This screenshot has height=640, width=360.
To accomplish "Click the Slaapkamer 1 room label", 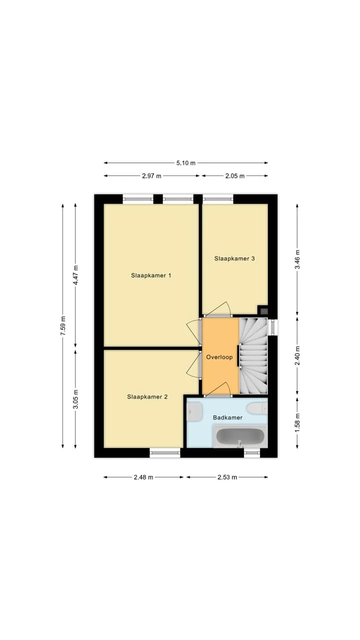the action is pyautogui.click(x=151, y=275).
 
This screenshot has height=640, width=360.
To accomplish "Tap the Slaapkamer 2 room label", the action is pyautogui.click(x=147, y=396).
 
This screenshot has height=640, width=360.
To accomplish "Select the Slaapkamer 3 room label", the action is pyautogui.click(x=234, y=258).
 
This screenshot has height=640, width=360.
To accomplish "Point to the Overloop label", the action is pyautogui.click(x=219, y=357).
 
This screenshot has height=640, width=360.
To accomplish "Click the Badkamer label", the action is pyautogui.click(x=227, y=417).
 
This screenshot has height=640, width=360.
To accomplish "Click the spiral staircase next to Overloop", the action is pyautogui.click(x=253, y=356).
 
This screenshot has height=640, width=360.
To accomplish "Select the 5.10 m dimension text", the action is pyautogui.click(x=185, y=163).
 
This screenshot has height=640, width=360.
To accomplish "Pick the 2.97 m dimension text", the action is pyautogui.click(x=151, y=176).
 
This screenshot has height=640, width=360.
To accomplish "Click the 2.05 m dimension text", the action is pyautogui.click(x=235, y=176).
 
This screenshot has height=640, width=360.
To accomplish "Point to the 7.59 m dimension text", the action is pyautogui.click(x=63, y=326).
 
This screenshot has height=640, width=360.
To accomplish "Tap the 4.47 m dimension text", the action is pyautogui.click(x=75, y=275).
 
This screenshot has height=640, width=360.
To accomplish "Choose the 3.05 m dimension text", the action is pyautogui.click(x=75, y=399).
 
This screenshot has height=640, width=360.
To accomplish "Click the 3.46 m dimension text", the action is pyautogui.click(x=297, y=259).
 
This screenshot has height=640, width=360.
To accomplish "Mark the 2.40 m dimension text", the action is pyautogui.click(x=297, y=355).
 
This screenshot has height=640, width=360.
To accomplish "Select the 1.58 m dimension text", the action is pyautogui.click(x=297, y=423).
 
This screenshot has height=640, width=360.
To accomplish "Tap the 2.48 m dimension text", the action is pyautogui.click(x=143, y=477).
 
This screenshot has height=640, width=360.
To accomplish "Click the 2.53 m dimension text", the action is pyautogui.click(x=227, y=477).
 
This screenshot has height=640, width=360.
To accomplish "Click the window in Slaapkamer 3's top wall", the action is pyautogui.click(x=218, y=199).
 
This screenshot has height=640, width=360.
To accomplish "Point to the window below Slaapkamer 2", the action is pyautogui.click(x=165, y=452).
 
